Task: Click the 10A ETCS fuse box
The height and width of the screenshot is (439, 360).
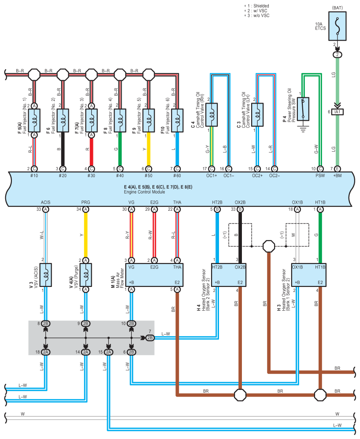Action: [338, 26]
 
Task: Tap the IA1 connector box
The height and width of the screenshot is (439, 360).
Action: [338, 112]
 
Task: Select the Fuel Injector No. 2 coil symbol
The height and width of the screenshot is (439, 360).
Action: [63, 120]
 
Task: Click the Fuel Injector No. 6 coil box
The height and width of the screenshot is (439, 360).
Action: [177, 120]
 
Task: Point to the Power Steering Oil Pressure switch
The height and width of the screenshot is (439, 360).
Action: [303, 109]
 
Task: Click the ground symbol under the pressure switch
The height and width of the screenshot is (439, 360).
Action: [303, 129]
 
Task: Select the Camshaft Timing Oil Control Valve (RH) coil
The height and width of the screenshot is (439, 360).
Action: [212, 115]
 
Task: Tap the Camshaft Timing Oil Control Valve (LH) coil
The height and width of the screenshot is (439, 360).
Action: [257, 115]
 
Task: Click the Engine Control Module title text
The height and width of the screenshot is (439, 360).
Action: [145, 192]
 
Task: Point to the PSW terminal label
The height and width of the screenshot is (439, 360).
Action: [320, 175]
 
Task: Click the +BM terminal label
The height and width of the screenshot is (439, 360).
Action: [338, 175]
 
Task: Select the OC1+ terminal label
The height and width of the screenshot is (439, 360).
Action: [212, 175]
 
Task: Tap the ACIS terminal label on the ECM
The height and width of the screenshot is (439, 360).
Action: [46, 202]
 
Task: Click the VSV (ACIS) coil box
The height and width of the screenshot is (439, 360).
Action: [46, 275]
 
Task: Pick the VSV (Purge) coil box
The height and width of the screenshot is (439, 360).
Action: [85, 275]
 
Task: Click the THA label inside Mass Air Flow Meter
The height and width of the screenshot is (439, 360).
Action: [177, 267]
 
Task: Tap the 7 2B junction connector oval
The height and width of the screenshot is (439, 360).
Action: [150, 338]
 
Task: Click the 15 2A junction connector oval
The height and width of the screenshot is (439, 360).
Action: [108, 352]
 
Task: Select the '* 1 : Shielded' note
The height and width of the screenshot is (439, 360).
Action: [256, 6]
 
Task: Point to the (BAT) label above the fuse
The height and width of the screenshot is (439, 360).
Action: [338, 8]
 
